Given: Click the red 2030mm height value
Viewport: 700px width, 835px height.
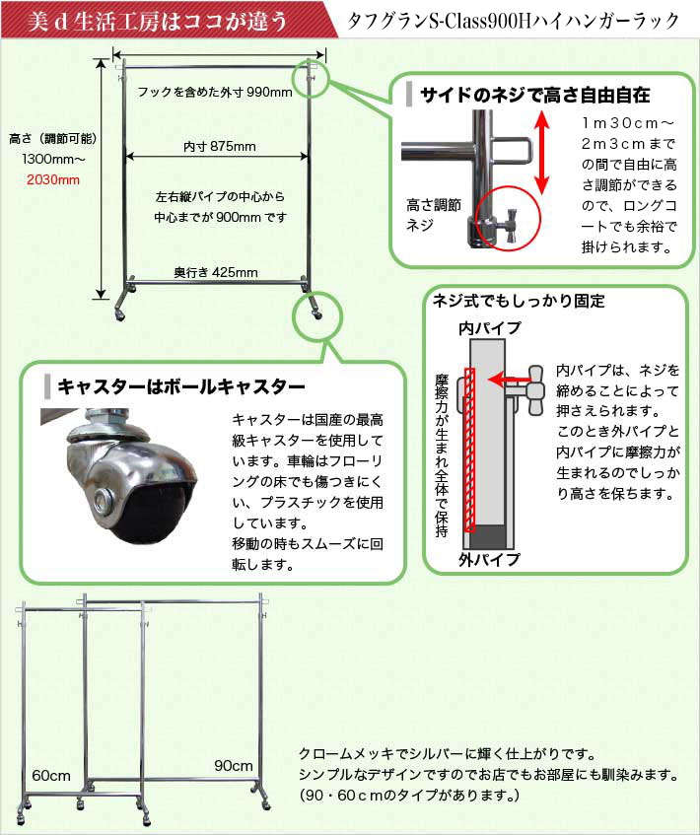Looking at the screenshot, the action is (53, 180).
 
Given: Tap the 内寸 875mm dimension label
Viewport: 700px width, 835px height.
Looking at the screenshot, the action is (220, 147).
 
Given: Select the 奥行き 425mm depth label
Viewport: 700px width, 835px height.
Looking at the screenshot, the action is (216, 273).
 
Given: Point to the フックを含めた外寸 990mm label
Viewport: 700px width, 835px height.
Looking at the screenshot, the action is (215, 92).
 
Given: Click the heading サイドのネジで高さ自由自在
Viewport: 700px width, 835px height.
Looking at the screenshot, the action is (534, 95).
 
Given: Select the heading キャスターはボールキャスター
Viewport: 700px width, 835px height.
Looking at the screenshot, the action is (181, 386).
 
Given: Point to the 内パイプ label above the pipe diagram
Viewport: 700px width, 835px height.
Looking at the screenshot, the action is (490, 328).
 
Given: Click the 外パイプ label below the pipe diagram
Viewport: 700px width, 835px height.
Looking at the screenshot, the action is (489, 559).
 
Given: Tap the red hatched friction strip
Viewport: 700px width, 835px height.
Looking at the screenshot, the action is (468, 450).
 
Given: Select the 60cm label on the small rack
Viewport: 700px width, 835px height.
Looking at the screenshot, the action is (51, 775).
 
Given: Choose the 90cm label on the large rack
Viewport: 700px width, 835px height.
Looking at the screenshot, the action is (234, 766).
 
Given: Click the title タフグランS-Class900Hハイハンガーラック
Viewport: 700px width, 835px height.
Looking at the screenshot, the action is (514, 21).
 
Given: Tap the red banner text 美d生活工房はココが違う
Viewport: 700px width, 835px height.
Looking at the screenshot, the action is (157, 21).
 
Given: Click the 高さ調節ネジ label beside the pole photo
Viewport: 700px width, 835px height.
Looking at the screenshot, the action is (434, 215).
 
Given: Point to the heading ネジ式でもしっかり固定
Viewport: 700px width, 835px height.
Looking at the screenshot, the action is (519, 302).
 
